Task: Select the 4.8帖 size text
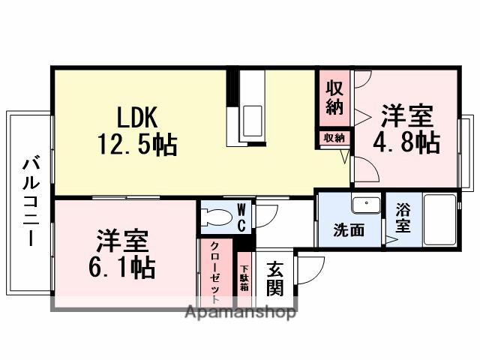click(x=408, y=142)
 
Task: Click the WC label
click(x=242, y=217)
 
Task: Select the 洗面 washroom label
click(x=349, y=229)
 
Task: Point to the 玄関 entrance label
click(x=274, y=277)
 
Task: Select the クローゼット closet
click(x=215, y=274)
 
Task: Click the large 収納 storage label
click(x=334, y=97)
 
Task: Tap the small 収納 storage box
click(x=334, y=138)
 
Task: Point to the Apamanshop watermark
click(x=239, y=312)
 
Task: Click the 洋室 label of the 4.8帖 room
click(x=407, y=116)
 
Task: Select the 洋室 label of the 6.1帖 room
click(x=122, y=241)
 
